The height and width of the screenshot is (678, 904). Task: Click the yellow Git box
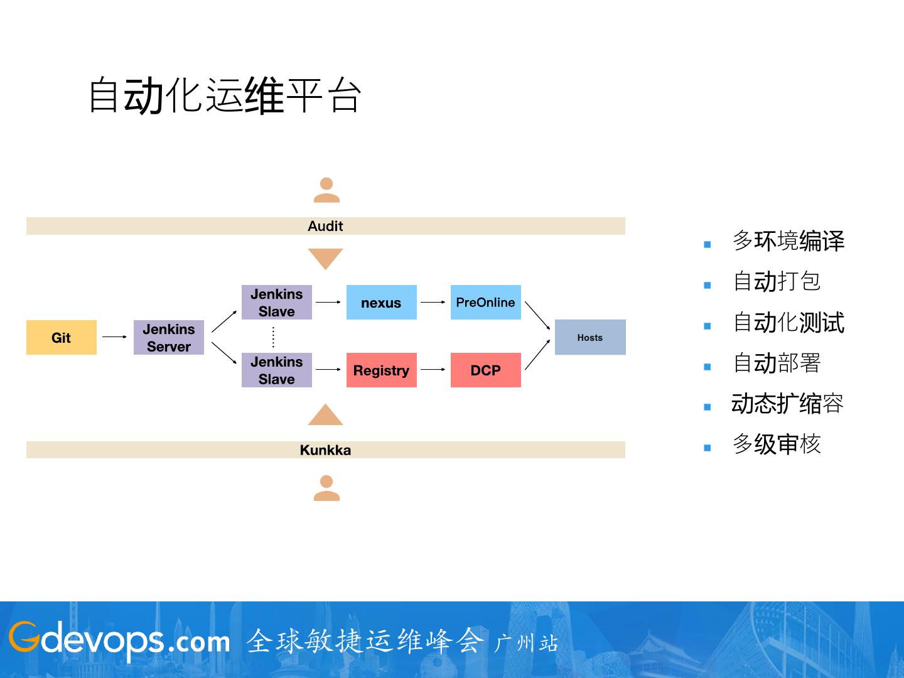(62, 338)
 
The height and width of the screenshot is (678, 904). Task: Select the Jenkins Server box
(169, 338)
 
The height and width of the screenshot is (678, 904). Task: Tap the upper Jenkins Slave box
(277, 303)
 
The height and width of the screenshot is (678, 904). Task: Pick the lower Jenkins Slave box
(277, 370)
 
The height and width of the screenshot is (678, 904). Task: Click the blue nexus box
(381, 303)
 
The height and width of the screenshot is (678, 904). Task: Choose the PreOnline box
(485, 303)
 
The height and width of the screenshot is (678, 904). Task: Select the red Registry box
(381, 370)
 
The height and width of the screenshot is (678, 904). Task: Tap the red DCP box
(485, 370)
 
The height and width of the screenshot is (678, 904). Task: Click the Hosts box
(590, 338)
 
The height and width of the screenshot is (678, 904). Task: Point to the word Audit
(325, 226)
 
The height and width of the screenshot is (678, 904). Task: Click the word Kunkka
(325, 450)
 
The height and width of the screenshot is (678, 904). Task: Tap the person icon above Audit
(326, 190)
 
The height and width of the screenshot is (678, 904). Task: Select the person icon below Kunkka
(326, 488)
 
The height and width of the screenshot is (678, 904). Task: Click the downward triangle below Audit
(325, 258)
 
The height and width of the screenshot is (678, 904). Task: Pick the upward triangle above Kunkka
(325, 416)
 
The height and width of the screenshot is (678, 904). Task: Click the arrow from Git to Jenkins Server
(115, 337)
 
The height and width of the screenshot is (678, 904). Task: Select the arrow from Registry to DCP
(433, 370)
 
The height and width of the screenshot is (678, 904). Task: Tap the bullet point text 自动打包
(777, 281)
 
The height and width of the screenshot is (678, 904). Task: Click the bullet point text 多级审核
(777, 444)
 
